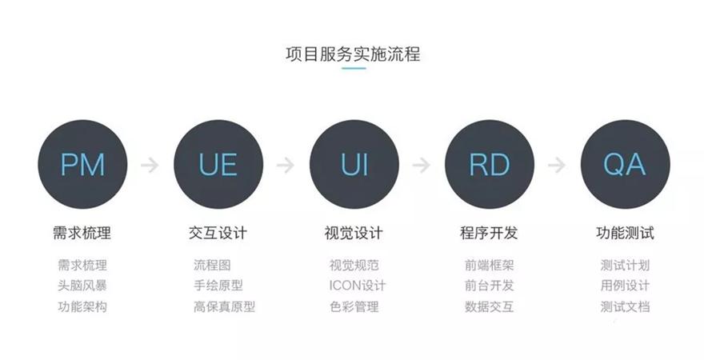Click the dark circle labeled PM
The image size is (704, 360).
point(82,164)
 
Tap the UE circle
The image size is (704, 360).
point(218,164)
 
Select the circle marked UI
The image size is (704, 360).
point(354,164)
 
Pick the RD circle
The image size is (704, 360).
point(490,164)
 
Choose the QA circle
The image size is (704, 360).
point(625,164)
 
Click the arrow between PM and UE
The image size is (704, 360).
point(150,165)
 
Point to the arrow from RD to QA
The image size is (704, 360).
point(557,165)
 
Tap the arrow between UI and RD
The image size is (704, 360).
point(421,165)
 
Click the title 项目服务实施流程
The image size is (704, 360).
point(353,54)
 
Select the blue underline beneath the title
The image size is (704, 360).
point(354,68)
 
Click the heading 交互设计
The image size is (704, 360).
point(218,233)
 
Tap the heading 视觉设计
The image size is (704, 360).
point(354,233)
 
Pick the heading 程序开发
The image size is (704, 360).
point(489,233)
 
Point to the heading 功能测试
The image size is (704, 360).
point(625,233)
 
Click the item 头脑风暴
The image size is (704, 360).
point(82,286)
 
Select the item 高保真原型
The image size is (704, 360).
point(225,306)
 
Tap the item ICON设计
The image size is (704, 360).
point(358,286)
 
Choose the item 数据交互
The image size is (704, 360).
point(489,306)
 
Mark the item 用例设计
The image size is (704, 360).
point(625,286)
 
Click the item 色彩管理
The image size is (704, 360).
point(354,306)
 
